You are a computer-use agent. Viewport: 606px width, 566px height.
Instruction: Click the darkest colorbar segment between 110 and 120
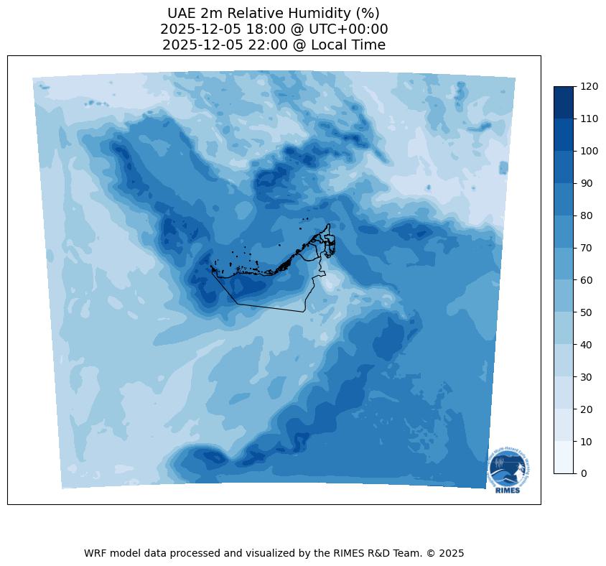(x=564, y=102)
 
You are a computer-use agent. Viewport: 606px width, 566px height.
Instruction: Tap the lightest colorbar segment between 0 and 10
(x=564, y=458)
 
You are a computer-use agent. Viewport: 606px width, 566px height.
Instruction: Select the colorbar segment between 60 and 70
(x=564, y=264)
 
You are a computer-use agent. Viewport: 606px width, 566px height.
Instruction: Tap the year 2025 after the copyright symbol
(x=451, y=553)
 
